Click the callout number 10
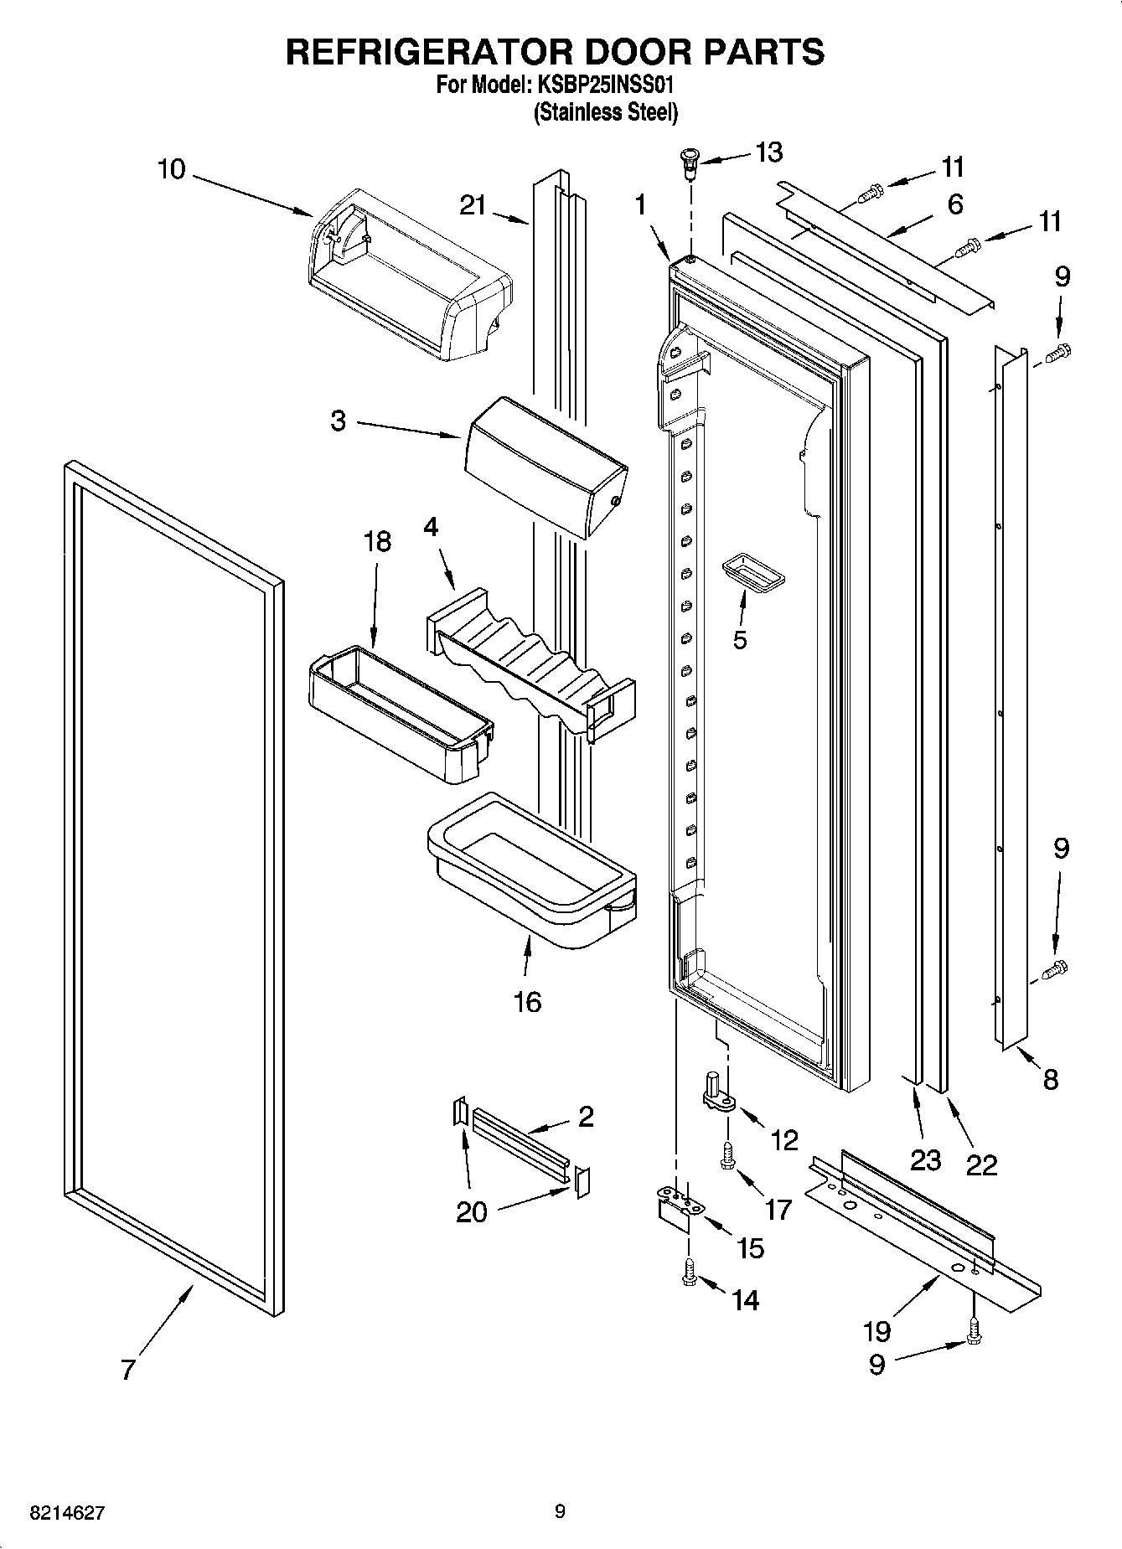171,169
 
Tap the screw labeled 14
690,1273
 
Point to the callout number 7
127,1371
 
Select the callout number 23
926,1160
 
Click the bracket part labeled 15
675,1207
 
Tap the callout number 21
473,204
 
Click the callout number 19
876,1330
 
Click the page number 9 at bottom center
560,1511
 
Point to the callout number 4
431,527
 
